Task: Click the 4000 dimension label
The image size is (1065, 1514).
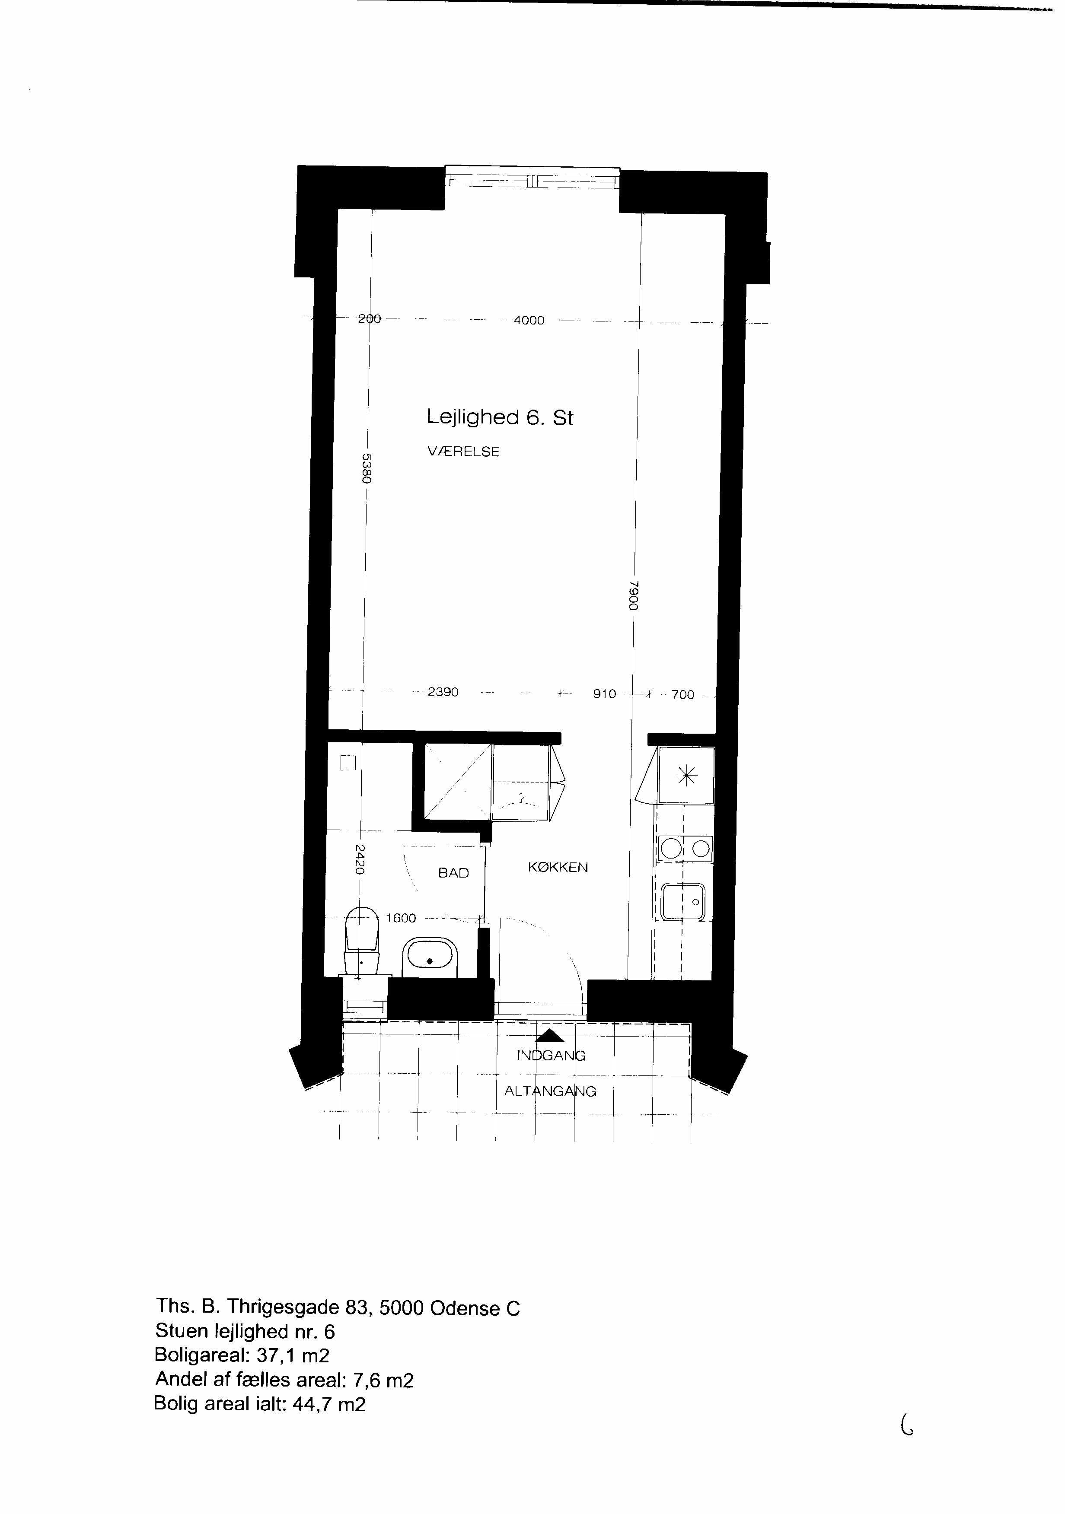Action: (529, 321)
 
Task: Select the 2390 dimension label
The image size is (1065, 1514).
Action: (443, 692)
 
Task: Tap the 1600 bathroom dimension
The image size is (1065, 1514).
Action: (401, 918)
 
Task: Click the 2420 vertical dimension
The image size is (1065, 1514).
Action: (360, 859)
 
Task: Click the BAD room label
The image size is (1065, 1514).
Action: (454, 873)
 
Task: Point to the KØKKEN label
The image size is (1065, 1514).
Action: (558, 868)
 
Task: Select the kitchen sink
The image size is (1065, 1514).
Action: (684, 902)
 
